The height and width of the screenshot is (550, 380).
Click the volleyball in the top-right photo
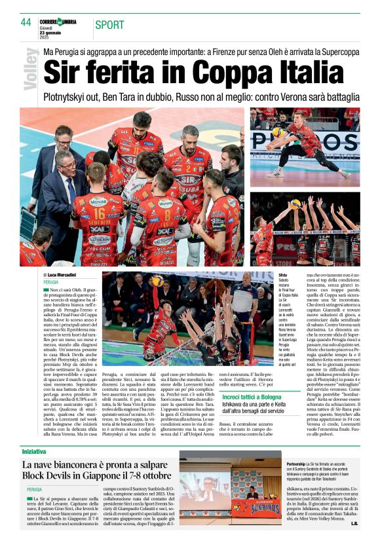click(x=277, y=132)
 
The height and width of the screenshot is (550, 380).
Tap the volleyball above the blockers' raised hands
click(x=296, y=204)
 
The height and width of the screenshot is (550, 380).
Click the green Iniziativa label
click(x=34, y=433)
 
